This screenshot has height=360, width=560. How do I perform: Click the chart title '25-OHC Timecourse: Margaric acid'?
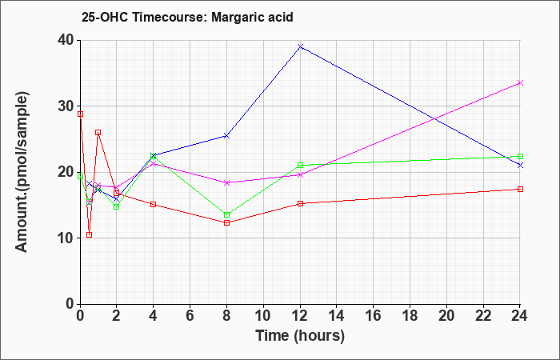187,17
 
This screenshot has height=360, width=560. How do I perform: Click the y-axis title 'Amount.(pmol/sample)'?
22,172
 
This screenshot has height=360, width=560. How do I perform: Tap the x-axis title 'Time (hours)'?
300,336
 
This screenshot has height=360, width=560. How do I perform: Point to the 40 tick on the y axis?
67,40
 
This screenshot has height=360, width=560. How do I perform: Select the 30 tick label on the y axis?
67,106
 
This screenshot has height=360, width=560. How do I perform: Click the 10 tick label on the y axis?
67,238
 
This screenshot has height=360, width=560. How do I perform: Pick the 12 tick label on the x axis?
300,316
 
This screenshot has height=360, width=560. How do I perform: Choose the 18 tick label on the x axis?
410,316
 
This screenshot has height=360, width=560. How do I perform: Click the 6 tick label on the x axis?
190,316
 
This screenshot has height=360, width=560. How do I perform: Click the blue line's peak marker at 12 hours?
300,46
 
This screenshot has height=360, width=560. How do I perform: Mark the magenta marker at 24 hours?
520,83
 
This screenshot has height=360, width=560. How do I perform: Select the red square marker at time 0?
80,114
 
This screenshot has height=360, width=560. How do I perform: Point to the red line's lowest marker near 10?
90,234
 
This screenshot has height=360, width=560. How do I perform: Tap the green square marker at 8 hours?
226,214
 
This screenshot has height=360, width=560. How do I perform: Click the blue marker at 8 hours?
226,136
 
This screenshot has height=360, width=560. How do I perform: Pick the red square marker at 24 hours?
520,189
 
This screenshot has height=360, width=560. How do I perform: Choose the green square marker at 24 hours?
520,156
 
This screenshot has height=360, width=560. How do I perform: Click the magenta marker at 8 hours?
226,182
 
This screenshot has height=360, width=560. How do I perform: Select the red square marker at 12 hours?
300,203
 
